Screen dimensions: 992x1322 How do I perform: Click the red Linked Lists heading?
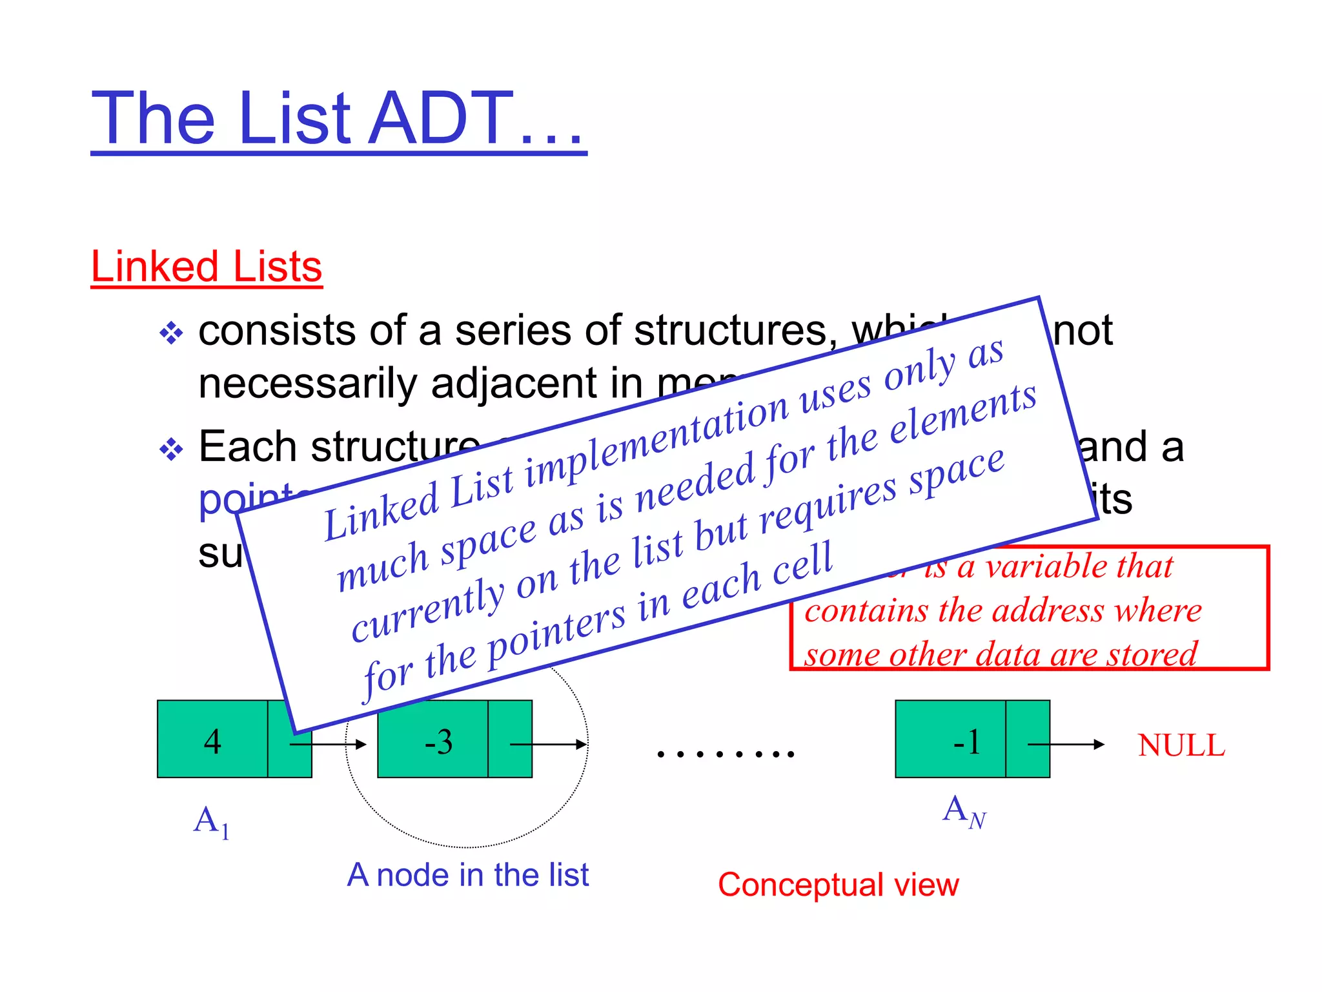click(207, 266)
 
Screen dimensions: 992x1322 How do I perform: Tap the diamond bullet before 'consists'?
click(171, 334)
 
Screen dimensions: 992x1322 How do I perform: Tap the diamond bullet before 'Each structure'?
click(171, 449)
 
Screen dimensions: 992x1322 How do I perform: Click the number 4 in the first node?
click(212, 741)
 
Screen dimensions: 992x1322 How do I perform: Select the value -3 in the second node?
click(438, 742)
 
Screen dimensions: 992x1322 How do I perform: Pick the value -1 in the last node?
click(966, 742)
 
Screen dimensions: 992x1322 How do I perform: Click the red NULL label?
click(1181, 745)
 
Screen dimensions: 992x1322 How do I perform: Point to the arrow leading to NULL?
click(1072, 745)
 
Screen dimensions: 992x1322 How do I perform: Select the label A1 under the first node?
click(211, 821)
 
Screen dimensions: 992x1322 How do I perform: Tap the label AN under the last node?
click(964, 811)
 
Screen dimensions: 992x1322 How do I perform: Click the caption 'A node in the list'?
click(467, 875)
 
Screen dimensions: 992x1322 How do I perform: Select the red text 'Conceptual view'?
click(838, 885)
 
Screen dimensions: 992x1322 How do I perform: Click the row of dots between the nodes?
click(726, 753)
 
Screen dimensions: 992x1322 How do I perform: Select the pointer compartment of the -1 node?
click(1028, 739)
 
